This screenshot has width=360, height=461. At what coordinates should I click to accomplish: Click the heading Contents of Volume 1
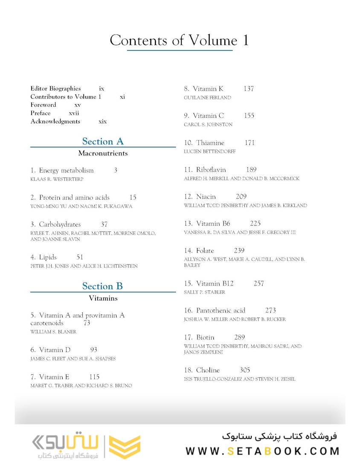pos(179,41)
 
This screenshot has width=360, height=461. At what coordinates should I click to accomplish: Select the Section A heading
pos(103,141)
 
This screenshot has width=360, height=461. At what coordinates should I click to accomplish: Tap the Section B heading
pos(103,286)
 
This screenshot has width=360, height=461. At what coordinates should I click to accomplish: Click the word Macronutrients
pos(103,153)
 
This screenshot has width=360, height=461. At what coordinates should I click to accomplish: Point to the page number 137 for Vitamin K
pos(249,89)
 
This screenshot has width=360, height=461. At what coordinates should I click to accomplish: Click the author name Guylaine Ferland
pos(207,98)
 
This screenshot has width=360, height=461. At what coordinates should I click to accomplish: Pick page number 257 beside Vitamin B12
pos(258,283)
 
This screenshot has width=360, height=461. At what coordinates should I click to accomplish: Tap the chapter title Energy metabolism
pos(66,170)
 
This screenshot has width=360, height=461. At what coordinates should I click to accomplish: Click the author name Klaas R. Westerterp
pos(57,179)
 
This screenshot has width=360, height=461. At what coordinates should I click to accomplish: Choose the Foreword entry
pos(43,105)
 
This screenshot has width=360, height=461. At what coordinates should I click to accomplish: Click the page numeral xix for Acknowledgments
pos(102,122)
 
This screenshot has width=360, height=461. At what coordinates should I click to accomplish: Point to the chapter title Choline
pos(208,370)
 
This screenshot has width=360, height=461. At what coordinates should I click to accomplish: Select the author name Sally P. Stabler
pos(204,292)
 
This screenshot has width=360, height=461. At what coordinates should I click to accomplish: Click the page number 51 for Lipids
pos(80,257)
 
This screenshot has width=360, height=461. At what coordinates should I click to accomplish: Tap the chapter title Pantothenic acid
pos(221,310)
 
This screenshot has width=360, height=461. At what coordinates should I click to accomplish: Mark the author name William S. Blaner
pos(53,332)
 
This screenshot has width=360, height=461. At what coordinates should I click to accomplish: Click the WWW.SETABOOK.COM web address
pos(262,451)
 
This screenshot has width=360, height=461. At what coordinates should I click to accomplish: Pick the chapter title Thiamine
pos(210,143)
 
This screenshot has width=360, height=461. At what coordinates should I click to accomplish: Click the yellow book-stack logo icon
pos(125,446)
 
